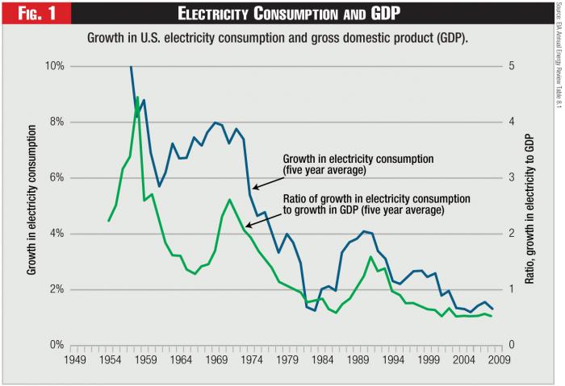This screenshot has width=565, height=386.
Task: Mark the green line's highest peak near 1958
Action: (x=137, y=97)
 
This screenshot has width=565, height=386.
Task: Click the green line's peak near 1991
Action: (x=370, y=257)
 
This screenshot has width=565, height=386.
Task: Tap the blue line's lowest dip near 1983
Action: (x=316, y=309)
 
